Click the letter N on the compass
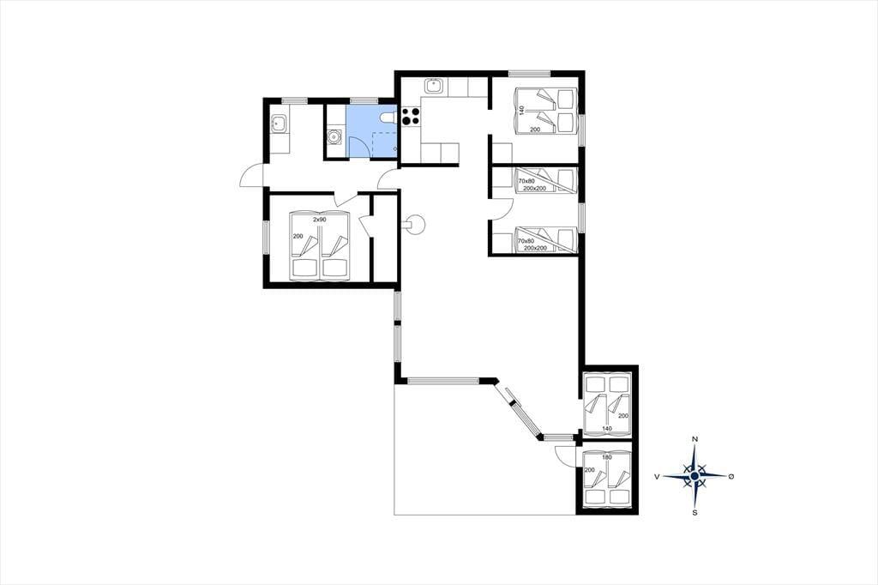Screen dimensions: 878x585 tap(695, 439)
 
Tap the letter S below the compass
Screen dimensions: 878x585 tap(695, 512)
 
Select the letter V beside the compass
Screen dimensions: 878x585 tap(656, 476)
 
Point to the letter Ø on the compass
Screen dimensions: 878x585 tap(731, 476)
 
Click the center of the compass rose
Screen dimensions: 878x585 tap(695, 476)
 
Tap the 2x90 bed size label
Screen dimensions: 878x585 tap(319, 220)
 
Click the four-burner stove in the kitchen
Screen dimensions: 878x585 tap(411, 116)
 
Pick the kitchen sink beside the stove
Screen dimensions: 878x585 tap(434, 87)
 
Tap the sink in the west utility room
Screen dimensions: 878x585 tap(280, 124)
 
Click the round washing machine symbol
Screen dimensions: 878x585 tap(334, 136)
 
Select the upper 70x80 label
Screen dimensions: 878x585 tap(526, 181)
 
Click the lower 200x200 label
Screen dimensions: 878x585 tap(535, 248)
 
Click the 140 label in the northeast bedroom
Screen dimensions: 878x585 tap(522, 110)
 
